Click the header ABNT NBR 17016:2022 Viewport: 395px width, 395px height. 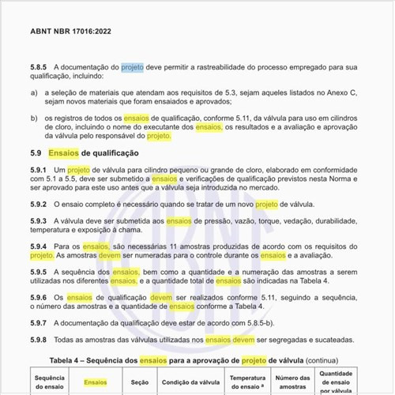point(70,32)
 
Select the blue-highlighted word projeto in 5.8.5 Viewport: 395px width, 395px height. point(132,68)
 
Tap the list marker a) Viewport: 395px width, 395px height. point(35,92)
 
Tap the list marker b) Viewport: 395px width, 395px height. point(35,117)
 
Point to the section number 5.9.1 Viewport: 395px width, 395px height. point(41,171)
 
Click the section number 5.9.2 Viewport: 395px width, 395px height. point(41,205)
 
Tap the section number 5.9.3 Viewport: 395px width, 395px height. point(41,221)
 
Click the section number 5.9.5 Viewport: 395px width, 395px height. point(41,272)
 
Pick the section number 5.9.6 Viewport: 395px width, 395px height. point(41,297)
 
